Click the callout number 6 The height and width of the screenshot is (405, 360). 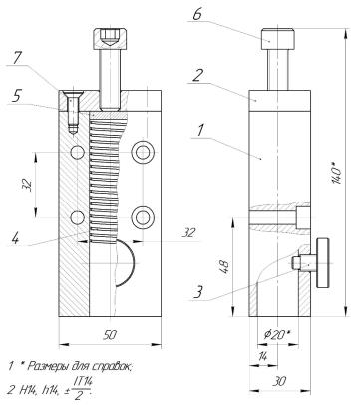[197, 13]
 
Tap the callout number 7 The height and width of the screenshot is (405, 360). [16, 59]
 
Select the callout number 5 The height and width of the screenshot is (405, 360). [16, 96]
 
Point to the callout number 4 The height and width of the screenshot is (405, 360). [15, 238]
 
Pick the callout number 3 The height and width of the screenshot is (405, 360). [198, 292]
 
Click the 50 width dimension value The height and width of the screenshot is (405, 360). [110, 335]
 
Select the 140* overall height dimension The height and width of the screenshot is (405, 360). [337, 173]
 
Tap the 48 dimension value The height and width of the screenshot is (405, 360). [224, 266]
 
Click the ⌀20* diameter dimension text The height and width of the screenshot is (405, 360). [275, 335]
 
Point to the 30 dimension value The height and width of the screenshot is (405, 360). [279, 381]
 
